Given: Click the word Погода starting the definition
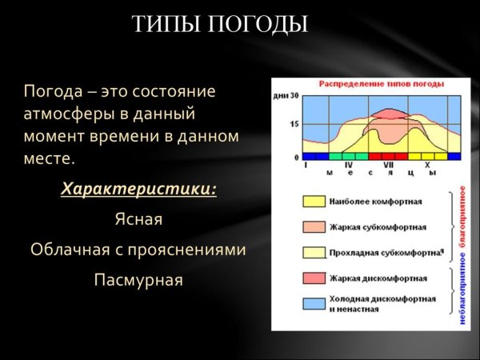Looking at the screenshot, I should [50, 92].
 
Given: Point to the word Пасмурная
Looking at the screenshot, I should [138, 280].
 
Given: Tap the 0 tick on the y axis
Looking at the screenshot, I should [296, 157].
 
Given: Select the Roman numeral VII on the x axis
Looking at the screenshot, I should [389, 165].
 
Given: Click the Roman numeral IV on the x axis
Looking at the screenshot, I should [348, 165].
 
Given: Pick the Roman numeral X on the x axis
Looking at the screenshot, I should [427, 165].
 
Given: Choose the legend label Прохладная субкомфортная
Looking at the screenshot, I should [384, 253].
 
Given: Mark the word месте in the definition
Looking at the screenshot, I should [49, 159].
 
